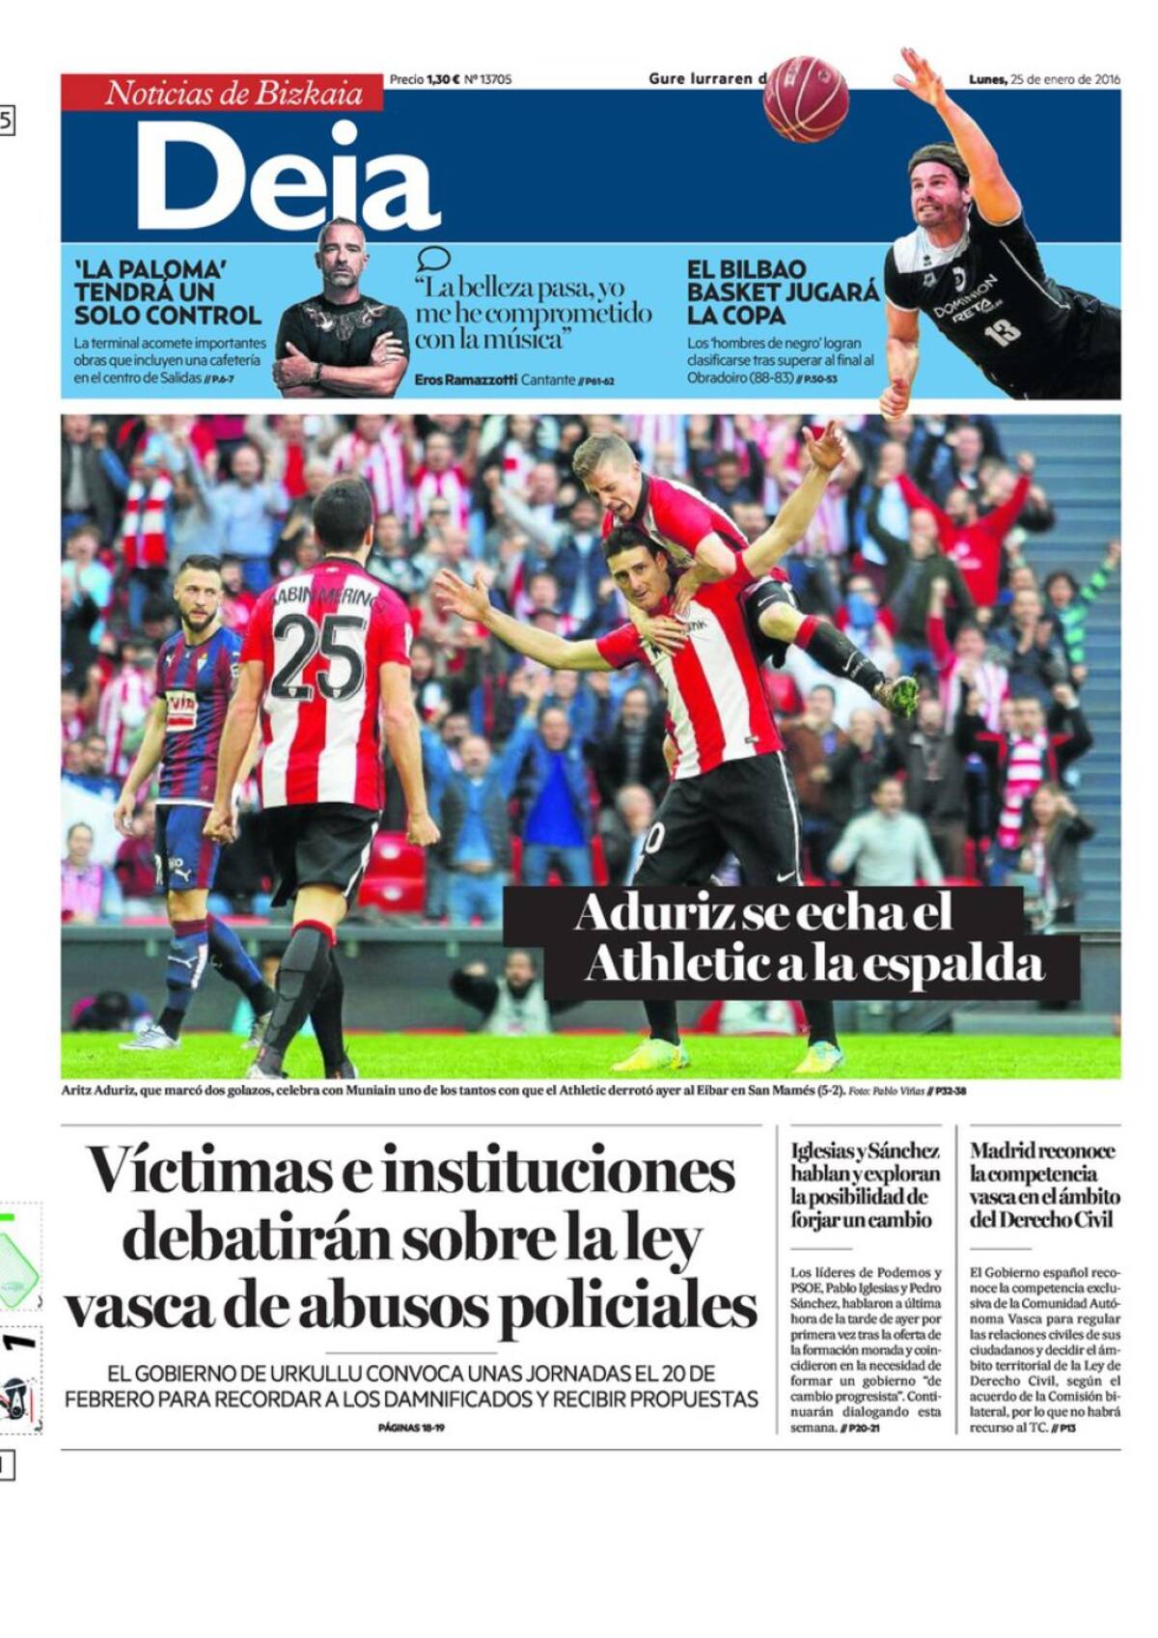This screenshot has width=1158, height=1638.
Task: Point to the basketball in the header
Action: (x=806, y=98)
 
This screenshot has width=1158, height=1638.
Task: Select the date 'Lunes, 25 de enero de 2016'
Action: (x=1044, y=79)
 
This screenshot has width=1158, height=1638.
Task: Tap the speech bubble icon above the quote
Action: (x=433, y=259)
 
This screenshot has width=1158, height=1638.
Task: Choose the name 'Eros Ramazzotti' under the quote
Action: (x=464, y=380)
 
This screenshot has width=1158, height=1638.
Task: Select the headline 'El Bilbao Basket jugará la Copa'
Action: (x=782, y=292)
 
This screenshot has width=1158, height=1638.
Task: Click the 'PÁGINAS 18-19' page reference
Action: (x=411, y=1428)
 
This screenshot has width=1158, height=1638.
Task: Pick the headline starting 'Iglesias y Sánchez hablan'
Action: (x=865, y=1184)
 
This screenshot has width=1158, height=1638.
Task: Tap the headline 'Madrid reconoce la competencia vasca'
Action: (x=1044, y=1184)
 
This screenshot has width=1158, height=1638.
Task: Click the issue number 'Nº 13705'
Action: (x=487, y=79)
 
